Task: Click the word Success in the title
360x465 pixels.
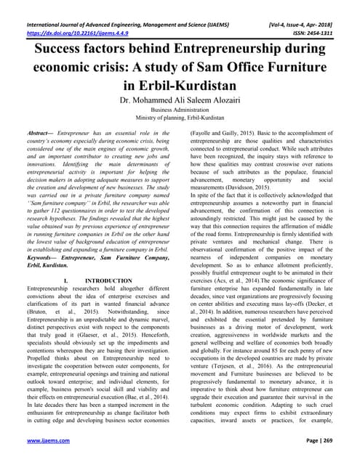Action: [59, 53]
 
